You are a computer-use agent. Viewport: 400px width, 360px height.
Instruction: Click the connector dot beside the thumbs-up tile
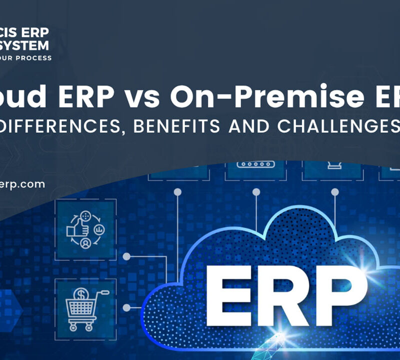127,256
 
